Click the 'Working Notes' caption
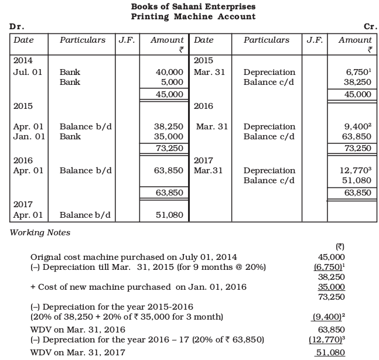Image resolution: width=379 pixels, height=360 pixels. click(x=40, y=232)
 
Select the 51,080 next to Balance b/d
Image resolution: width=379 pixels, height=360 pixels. click(x=171, y=215)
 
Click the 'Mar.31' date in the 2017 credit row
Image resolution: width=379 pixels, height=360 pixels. click(x=208, y=171)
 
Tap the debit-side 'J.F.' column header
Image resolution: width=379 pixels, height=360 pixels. click(x=126, y=40)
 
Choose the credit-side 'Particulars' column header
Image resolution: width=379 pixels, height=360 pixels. click(x=267, y=40)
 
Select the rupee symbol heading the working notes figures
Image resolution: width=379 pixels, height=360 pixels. click(x=337, y=246)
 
